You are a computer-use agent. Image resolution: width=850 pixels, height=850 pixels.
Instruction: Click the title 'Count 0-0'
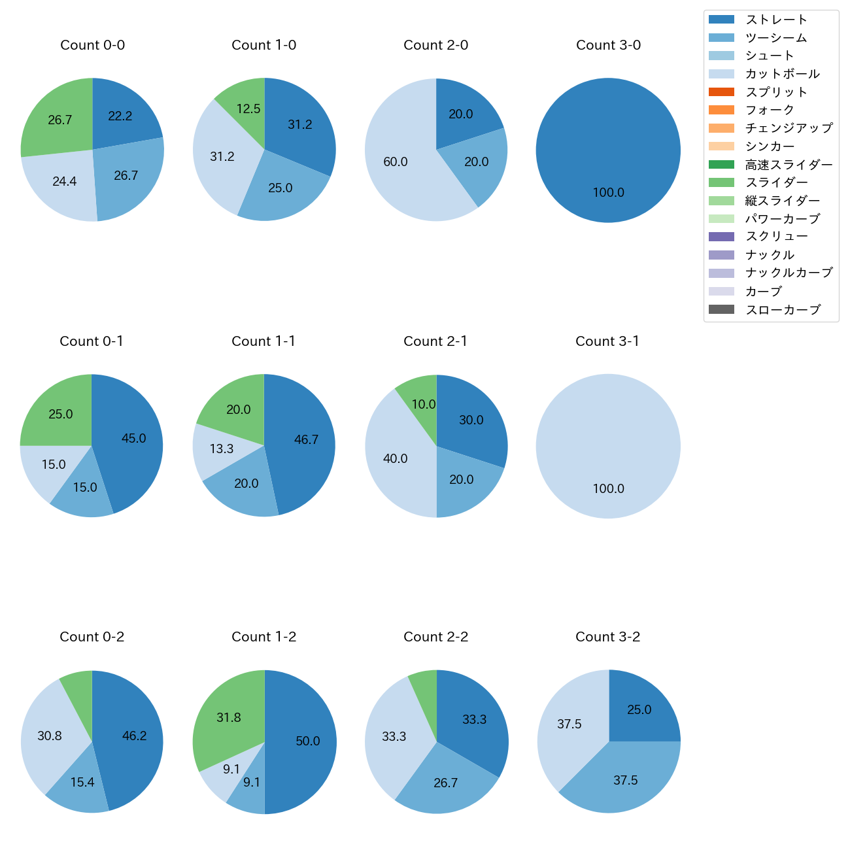tap(92, 45)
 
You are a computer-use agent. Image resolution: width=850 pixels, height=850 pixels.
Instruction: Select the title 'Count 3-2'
tap(607, 637)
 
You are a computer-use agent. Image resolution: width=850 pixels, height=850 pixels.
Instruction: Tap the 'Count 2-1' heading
tap(435, 341)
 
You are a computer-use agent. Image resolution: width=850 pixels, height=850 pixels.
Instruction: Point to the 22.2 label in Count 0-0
tap(120, 116)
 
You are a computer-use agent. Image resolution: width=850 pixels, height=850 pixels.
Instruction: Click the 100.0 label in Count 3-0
tap(608, 193)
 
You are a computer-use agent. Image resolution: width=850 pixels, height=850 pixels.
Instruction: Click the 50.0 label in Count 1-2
tap(308, 741)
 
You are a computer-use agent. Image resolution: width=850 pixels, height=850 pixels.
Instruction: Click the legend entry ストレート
tap(775, 20)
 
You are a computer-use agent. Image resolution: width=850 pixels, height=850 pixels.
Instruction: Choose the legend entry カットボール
tap(782, 74)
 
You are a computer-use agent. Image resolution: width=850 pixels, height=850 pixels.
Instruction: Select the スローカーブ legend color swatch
tap(721, 310)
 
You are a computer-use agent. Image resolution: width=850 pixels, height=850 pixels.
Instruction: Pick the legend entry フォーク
tap(770, 110)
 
